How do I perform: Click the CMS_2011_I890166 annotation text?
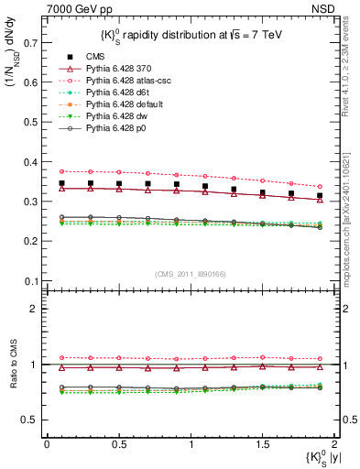(x=185, y=274)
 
